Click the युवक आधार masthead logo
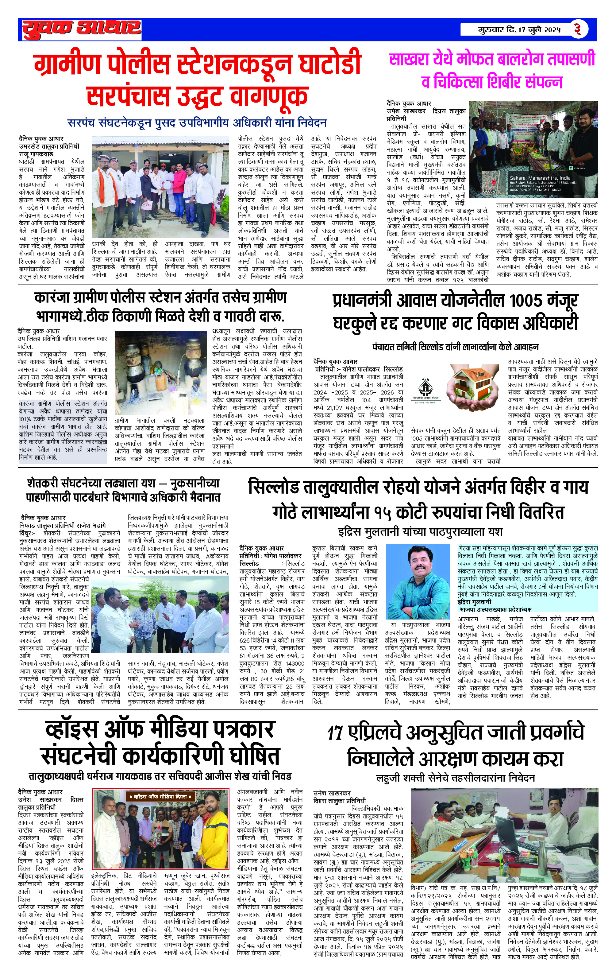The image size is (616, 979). point(81,29)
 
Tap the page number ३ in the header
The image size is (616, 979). point(577,29)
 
